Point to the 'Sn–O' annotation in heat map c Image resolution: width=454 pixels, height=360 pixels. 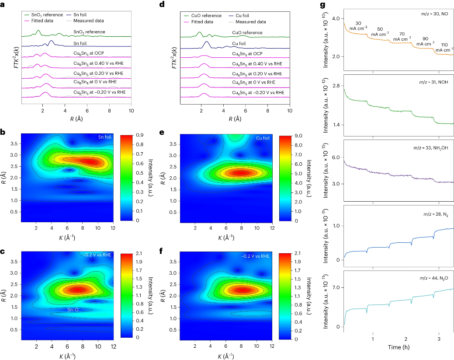[x=73, y=309]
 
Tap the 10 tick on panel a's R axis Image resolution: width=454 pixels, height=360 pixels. [x=132, y=110]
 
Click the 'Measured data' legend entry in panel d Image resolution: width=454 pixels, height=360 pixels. [x=250, y=22]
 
